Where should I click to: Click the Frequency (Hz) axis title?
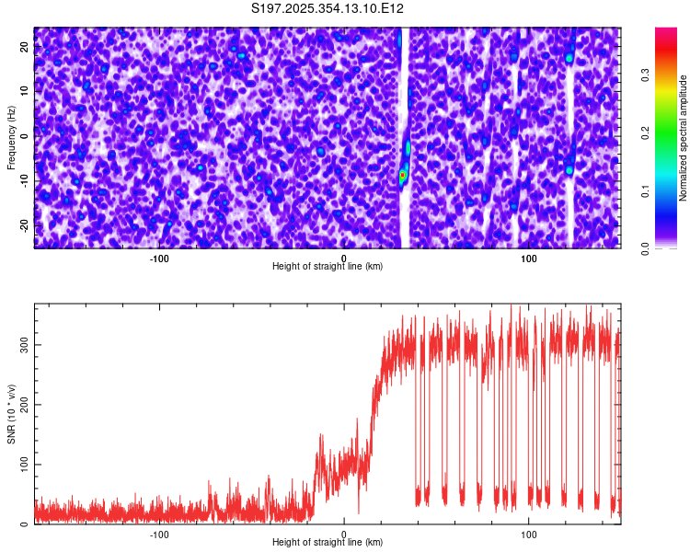pyautogui.click(x=11, y=136)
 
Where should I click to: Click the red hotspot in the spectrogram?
pyautogui.click(x=402, y=174)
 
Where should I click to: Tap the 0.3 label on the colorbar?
pyautogui.click(x=646, y=75)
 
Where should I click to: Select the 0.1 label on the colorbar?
pyautogui.click(x=646, y=190)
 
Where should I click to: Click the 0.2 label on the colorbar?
pyautogui.click(x=646, y=132)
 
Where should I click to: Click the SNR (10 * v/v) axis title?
pyautogui.click(x=11, y=414)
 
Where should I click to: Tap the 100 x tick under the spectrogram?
pyautogui.click(x=529, y=259)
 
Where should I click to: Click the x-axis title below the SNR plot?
pyautogui.click(x=328, y=543)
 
